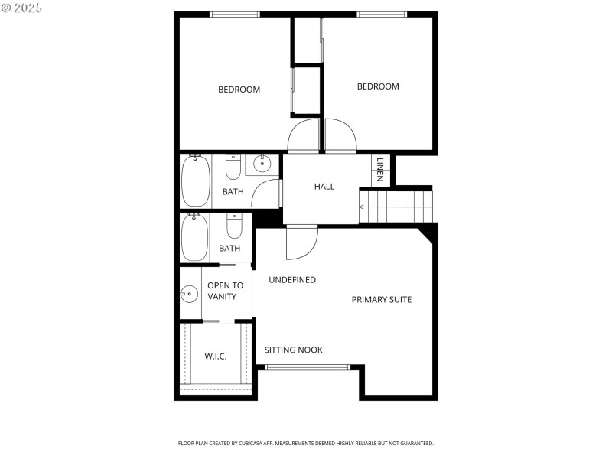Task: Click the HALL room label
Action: [324, 187]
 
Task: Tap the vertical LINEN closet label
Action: [379, 170]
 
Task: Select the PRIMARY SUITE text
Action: [382, 299]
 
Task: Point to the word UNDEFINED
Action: [292, 280]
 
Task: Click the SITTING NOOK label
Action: [294, 350]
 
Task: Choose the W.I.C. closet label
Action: [216, 356]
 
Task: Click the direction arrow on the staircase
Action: [363, 207]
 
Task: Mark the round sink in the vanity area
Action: [189, 292]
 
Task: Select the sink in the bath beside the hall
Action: [262, 163]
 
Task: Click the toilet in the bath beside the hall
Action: [233, 166]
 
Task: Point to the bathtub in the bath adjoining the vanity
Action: [195, 236]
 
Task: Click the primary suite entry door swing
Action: [301, 243]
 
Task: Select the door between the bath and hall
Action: [267, 193]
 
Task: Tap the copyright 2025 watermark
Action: [22, 7]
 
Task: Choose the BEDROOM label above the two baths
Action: [239, 90]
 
